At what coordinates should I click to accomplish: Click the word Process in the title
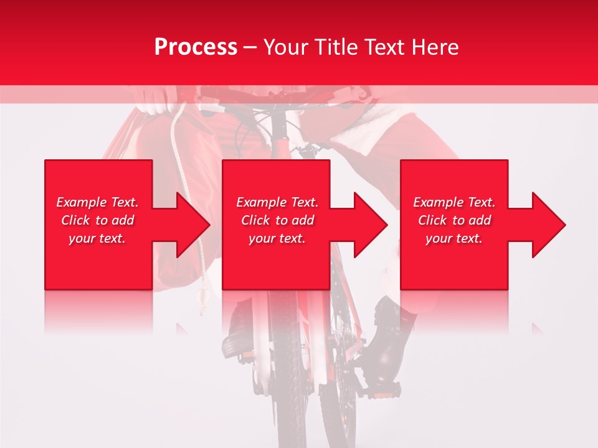coord(196,47)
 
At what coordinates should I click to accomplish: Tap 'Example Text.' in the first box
coord(97,202)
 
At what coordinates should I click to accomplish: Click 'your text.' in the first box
coord(97,238)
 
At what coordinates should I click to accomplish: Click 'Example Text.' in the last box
coord(454,202)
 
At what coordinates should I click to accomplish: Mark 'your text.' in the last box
coord(454,238)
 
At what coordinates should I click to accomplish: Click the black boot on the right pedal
coord(389,339)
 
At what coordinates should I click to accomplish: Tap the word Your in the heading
coord(286,47)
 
